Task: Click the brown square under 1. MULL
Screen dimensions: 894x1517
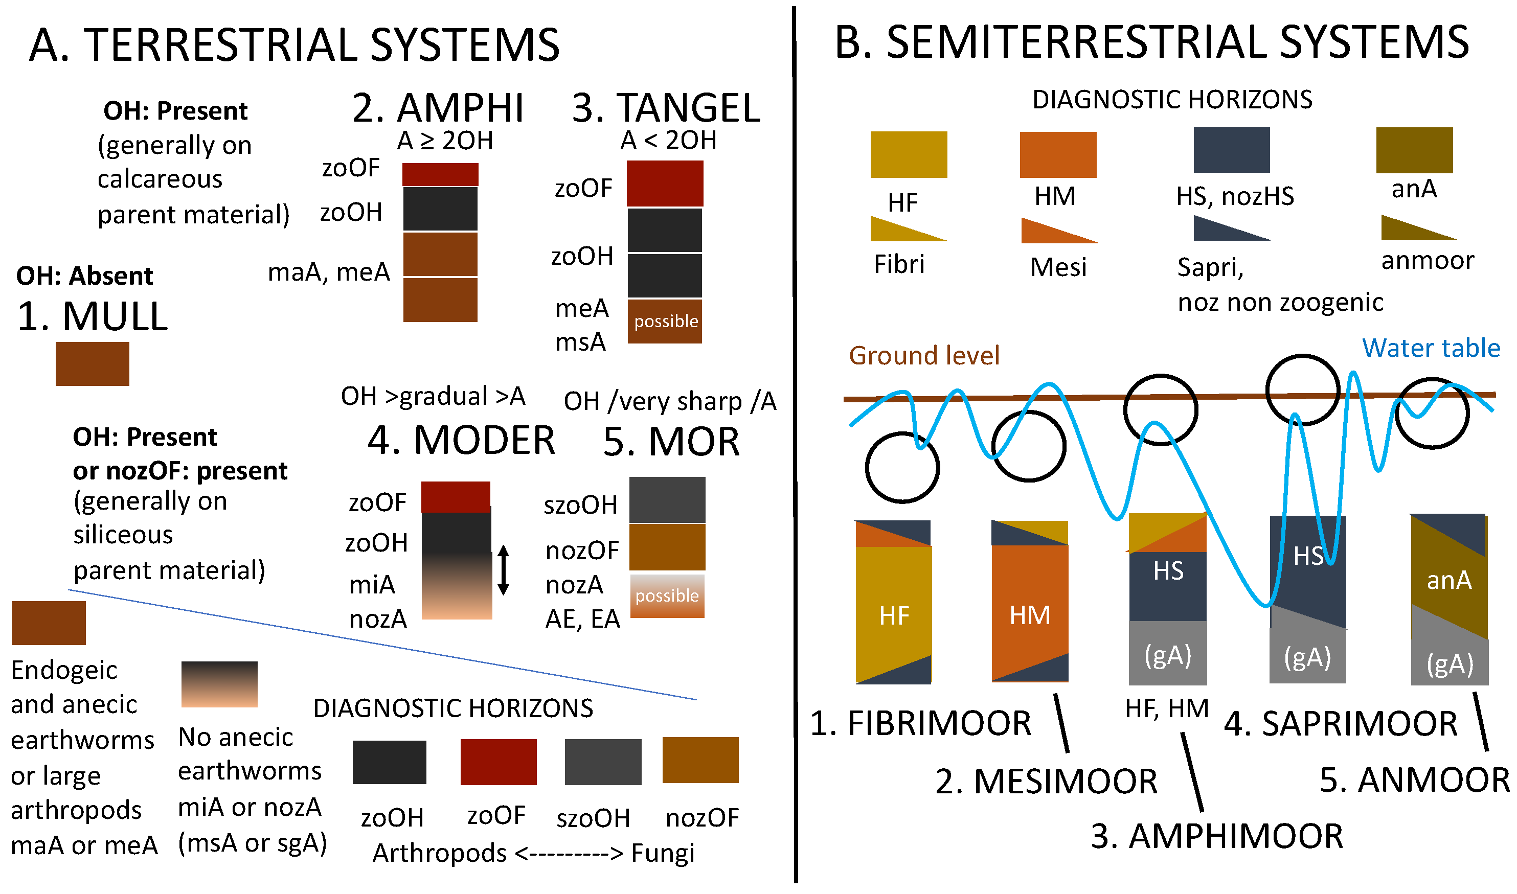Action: tap(92, 364)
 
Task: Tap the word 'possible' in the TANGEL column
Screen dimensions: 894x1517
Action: tap(666, 321)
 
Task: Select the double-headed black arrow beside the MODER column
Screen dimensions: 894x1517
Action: tap(504, 570)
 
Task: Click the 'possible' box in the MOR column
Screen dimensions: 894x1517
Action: tap(667, 596)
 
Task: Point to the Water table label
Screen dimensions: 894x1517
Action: tap(1431, 348)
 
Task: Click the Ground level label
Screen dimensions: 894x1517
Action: tap(923, 355)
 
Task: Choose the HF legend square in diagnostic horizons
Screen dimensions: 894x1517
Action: tap(909, 155)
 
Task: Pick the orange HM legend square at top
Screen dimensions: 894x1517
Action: tap(1057, 155)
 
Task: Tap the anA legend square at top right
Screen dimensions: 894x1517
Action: tap(1414, 150)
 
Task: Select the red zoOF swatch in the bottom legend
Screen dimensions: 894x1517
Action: tap(498, 762)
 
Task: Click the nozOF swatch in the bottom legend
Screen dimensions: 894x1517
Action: tap(700, 760)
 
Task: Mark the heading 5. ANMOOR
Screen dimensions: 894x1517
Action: tap(1415, 780)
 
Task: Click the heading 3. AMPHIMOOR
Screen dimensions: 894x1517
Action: tap(1217, 836)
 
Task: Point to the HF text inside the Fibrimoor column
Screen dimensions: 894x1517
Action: tap(894, 615)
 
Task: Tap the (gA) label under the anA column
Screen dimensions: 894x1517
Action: tap(1450, 664)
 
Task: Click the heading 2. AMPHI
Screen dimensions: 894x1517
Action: tap(438, 108)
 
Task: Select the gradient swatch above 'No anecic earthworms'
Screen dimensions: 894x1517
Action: tap(219, 684)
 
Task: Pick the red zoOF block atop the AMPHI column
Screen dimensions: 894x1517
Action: tap(440, 175)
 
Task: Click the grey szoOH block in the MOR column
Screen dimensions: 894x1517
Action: tap(667, 500)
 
